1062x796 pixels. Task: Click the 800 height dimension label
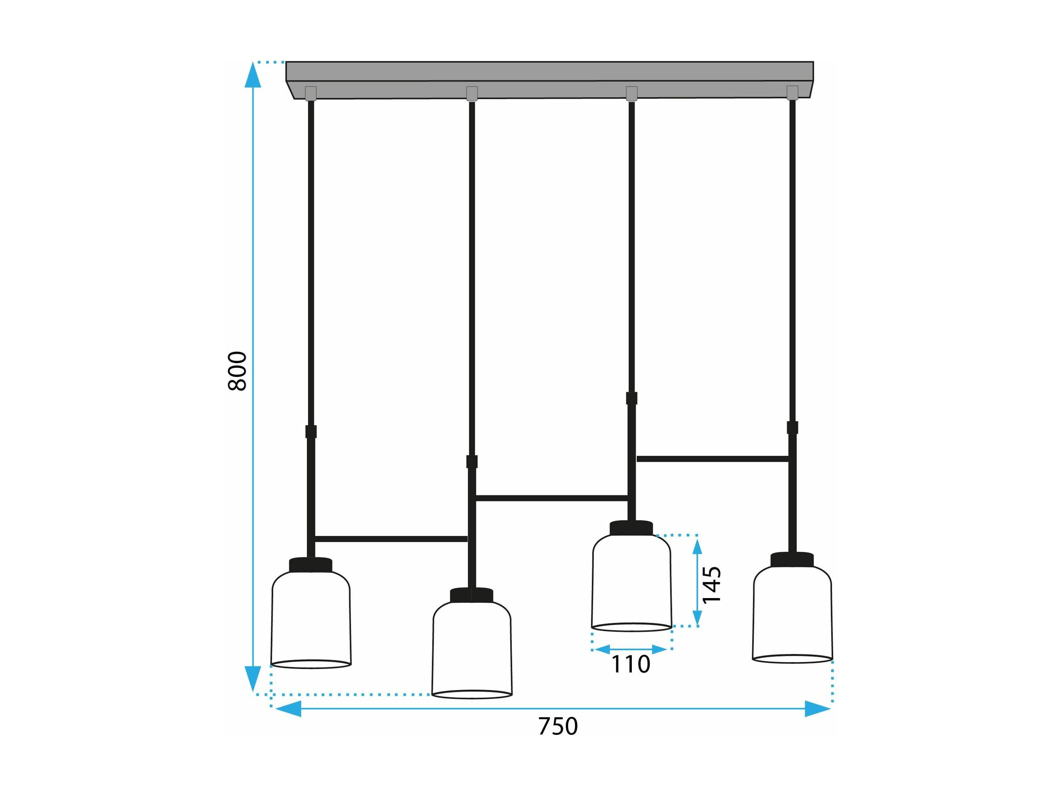coord(237,371)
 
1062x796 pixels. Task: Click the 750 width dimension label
coord(558,726)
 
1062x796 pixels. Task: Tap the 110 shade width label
coord(630,664)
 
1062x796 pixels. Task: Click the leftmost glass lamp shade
coord(311,619)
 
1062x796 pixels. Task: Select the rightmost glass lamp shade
coord(792,614)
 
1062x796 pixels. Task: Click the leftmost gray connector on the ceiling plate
coord(311,94)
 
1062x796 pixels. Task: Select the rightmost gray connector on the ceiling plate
coord(792,93)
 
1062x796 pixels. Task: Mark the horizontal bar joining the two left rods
coord(391,539)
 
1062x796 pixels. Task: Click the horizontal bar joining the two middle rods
coord(551,498)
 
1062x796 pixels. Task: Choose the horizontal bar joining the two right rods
coord(713,459)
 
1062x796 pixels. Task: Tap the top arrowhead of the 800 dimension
coord(253,75)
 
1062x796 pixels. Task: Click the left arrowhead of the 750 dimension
coord(287,708)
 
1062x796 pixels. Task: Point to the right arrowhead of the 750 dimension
coord(818,708)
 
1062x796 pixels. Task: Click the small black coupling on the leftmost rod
coord(311,431)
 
